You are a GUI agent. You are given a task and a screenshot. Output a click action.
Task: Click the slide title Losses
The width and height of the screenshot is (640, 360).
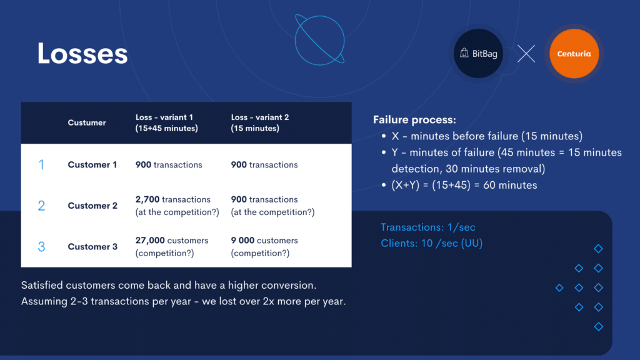pos(82,54)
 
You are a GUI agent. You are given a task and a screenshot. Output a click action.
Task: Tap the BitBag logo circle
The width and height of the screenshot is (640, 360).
pos(478,54)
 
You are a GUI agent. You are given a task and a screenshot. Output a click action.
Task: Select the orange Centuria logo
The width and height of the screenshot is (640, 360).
pos(574,54)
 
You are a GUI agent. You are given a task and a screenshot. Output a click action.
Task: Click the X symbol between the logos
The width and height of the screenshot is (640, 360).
pos(526,54)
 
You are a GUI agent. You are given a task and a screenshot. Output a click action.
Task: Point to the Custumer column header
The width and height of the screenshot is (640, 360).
pos(86,122)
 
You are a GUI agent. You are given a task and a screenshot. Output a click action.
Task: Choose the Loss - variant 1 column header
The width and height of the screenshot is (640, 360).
pos(166,122)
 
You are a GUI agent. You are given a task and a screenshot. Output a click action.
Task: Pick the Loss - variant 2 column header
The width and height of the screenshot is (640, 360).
pos(260,122)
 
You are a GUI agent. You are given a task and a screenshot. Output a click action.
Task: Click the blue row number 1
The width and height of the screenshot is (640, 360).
pos(41,164)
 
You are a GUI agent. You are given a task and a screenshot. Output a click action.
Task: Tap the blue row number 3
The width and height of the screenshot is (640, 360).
pos(41,246)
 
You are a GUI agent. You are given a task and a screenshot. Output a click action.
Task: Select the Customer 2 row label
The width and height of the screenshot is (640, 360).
pos(92,206)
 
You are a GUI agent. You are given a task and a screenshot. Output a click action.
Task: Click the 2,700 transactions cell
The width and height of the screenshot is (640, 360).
pos(177,206)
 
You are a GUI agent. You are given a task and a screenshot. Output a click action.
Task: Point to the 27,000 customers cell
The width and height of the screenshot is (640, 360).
pos(172,246)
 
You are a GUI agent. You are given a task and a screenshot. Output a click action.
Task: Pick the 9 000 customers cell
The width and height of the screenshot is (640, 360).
pos(264,246)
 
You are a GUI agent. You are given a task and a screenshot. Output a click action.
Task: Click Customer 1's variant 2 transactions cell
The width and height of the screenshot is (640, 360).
pos(264,164)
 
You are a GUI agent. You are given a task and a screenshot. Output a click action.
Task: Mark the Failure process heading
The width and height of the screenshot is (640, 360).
pos(414,119)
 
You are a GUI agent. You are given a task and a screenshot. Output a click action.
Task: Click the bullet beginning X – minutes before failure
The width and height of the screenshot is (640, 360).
pos(482,136)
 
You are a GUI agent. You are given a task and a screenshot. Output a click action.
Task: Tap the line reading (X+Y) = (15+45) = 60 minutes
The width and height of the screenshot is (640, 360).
pos(464,185)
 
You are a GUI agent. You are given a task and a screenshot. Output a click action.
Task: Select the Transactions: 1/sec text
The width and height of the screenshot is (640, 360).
pos(427,227)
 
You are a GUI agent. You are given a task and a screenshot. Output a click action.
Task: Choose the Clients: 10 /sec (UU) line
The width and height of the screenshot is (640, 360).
pos(431,243)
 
